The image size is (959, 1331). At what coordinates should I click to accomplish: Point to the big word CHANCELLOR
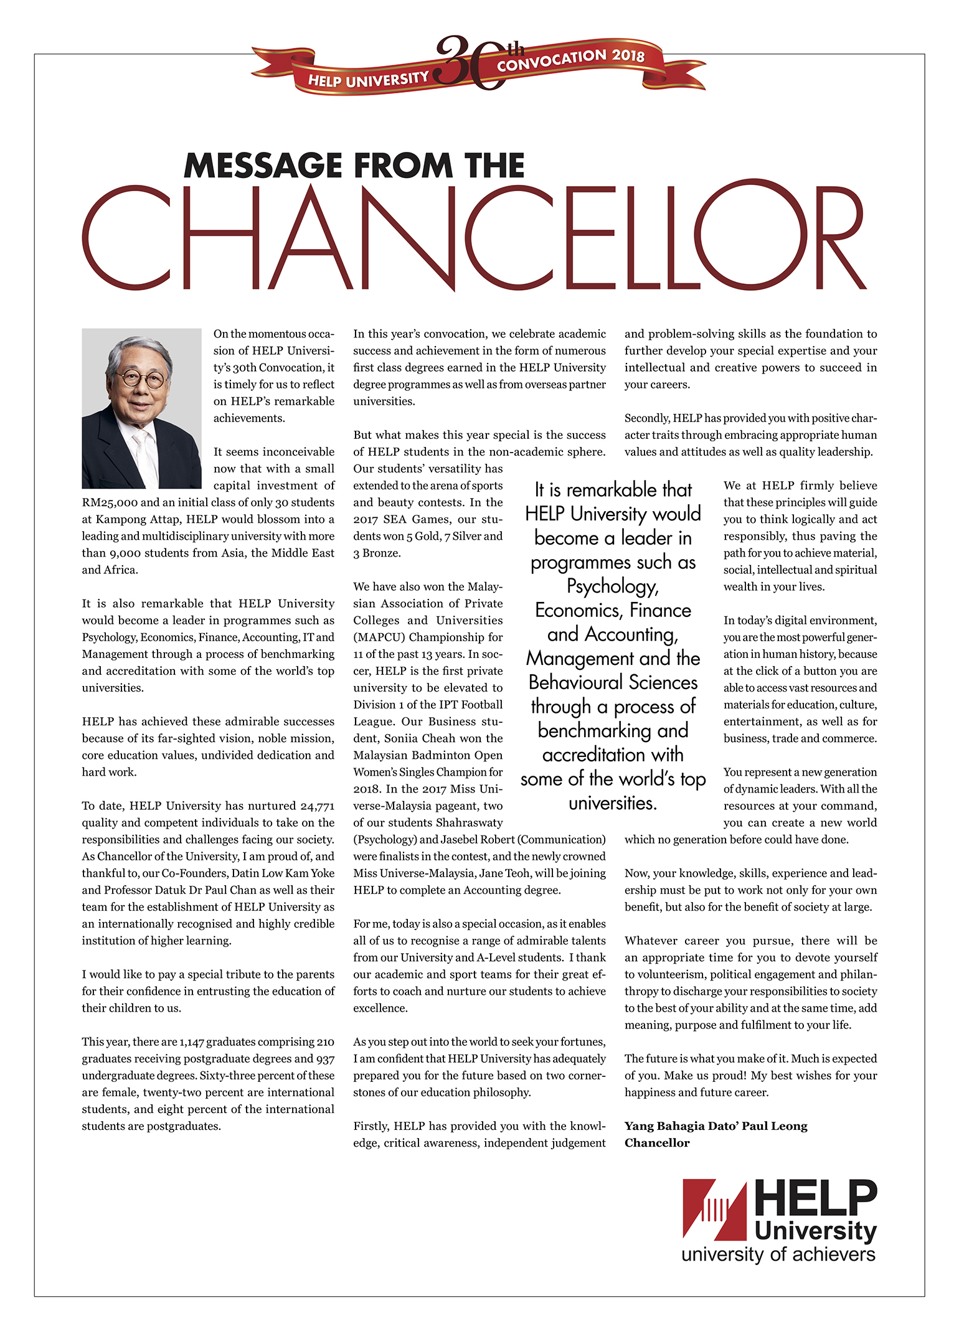pyautogui.click(x=475, y=237)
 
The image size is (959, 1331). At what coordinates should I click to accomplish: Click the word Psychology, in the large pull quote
pyautogui.click(x=612, y=586)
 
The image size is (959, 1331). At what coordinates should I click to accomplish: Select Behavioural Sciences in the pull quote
pyautogui.click(x=613, y=682)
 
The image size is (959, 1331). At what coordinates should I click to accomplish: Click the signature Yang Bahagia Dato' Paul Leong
pyautogui.click(x=716, y=1126)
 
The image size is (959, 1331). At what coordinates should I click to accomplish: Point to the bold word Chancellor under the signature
pyautogui.click(x=657, y=1142)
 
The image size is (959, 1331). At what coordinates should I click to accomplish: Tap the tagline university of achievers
pyautogui.click(x=778, y=1254)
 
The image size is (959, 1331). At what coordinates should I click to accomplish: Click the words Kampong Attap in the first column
pyautogui.click(x=136, y=519)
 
